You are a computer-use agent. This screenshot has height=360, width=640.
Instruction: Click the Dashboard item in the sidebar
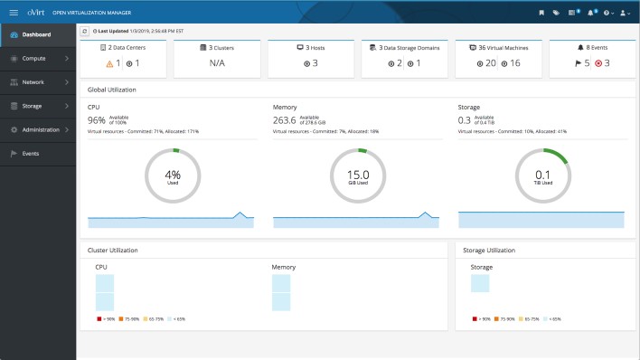coord(36,35)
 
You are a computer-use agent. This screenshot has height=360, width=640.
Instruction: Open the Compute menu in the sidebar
coord(34,59)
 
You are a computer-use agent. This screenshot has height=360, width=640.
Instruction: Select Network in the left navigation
coord(33,82)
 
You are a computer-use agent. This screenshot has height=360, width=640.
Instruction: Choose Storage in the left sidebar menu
coord(33,106)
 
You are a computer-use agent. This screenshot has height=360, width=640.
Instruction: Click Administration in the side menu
coord(41,129)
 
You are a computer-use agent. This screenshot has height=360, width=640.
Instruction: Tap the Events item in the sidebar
coord(30,154)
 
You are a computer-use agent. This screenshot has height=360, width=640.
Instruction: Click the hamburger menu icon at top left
coord(14,13)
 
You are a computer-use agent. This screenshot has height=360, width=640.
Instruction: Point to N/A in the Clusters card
coord(217,63)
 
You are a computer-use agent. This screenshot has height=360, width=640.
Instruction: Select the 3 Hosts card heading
coord(310,46)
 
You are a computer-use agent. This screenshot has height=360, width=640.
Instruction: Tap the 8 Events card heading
coord(591,46)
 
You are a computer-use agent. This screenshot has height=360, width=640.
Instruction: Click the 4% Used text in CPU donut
coord(174,176)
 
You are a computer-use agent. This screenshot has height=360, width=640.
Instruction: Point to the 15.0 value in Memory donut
coord(358,175)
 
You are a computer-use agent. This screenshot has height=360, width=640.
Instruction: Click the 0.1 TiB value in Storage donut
coord(543,175)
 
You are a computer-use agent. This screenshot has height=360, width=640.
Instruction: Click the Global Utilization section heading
coord(112,90)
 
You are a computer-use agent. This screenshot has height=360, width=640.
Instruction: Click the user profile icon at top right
coord(624,13)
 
